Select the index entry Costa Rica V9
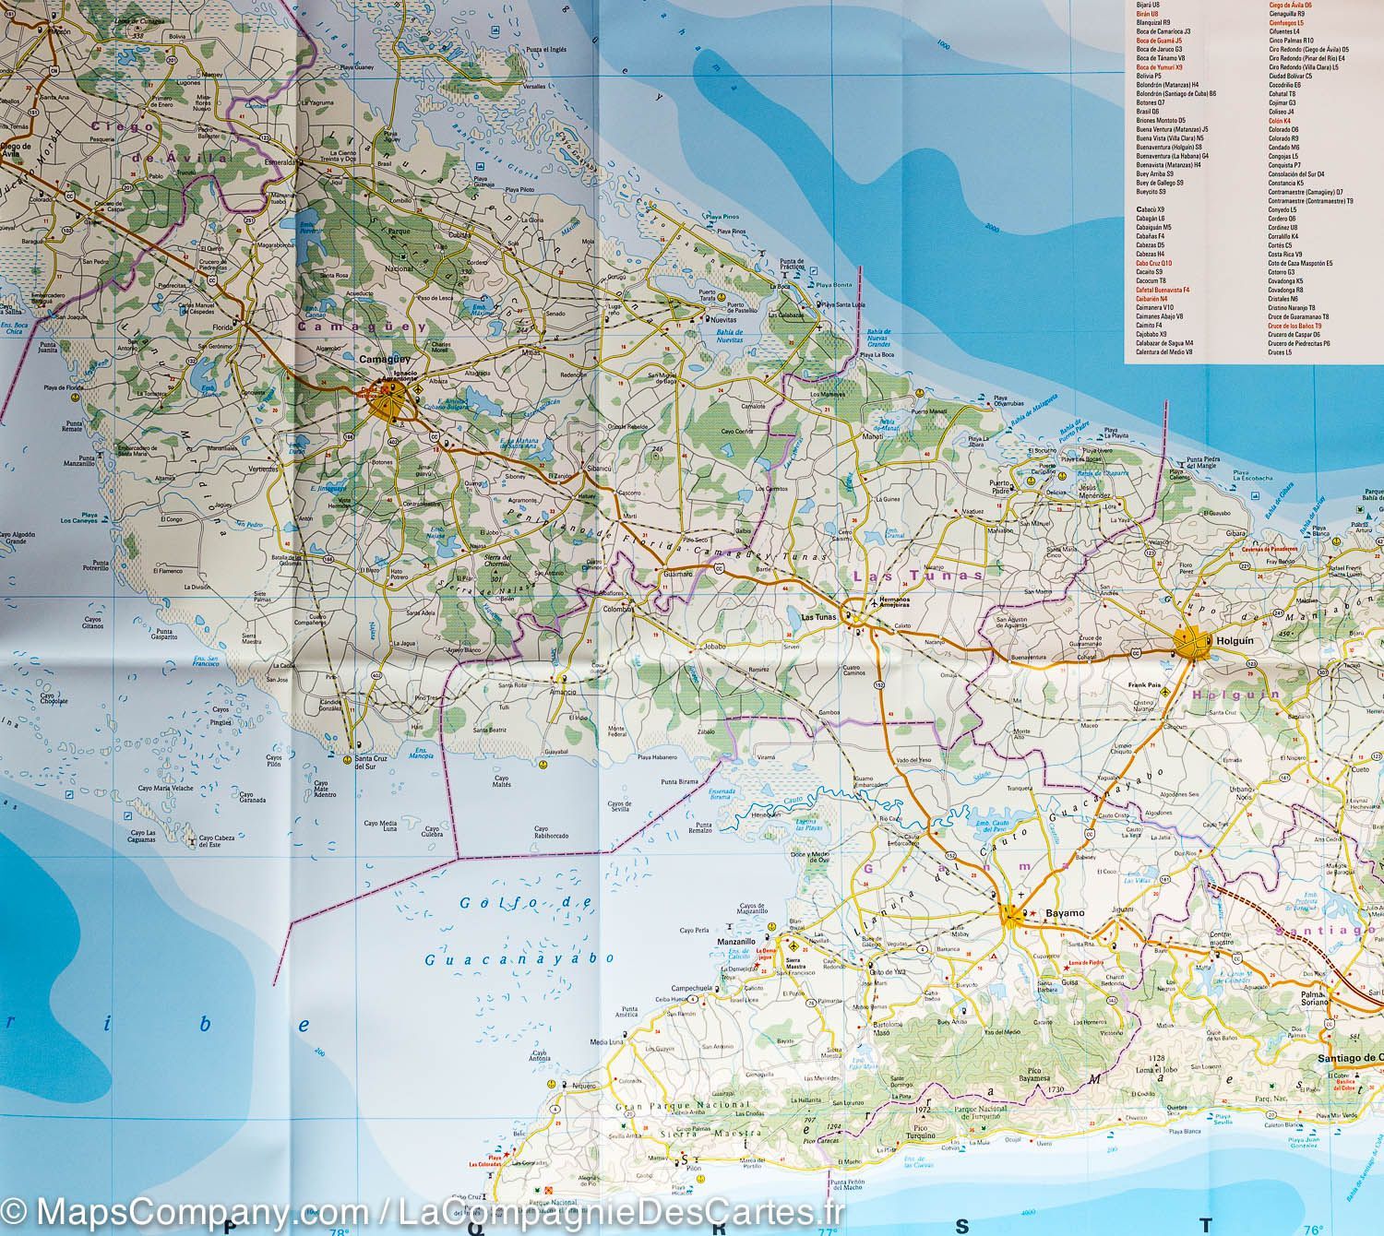[x=1285, y=255]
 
